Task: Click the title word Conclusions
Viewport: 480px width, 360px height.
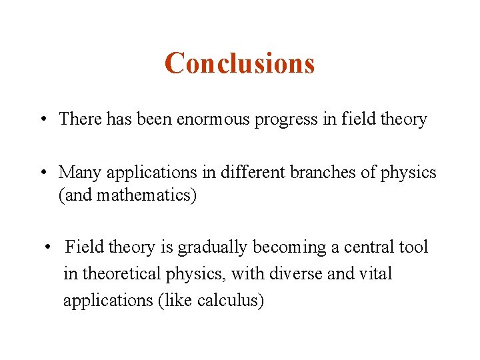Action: click(x=239, y=63)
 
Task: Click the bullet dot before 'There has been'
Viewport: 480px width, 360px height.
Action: click(x=42, y=120)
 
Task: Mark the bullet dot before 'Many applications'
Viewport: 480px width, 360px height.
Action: click(x=42, y=173)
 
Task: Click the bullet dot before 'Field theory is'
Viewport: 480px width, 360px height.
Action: click(x=48, y=248)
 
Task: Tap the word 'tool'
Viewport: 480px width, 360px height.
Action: click(x=415, y=247)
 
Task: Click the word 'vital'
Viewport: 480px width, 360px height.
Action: click(x=377, y=274)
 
